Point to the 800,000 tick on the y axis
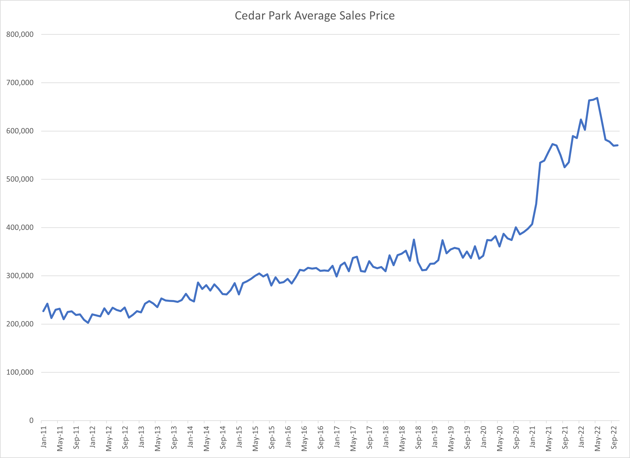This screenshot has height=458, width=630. pyautogui.click(x=20, y=34)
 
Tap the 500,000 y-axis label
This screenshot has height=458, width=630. pyautogui.click(x=20, y=179)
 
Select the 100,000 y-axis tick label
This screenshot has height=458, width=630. pyautogui.click(x=20, y=372)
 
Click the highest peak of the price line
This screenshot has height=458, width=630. pyautogui.click(x=597, y=98)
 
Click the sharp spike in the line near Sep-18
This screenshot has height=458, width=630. pyautogui.click(x=414, y=240)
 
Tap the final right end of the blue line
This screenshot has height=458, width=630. pyautogui.click(x=618, y=145)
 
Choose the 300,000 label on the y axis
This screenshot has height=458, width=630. pyautogui.click(x=20, y=276)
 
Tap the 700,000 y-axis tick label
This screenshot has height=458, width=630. pyautogui.click(x=20, y=83)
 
